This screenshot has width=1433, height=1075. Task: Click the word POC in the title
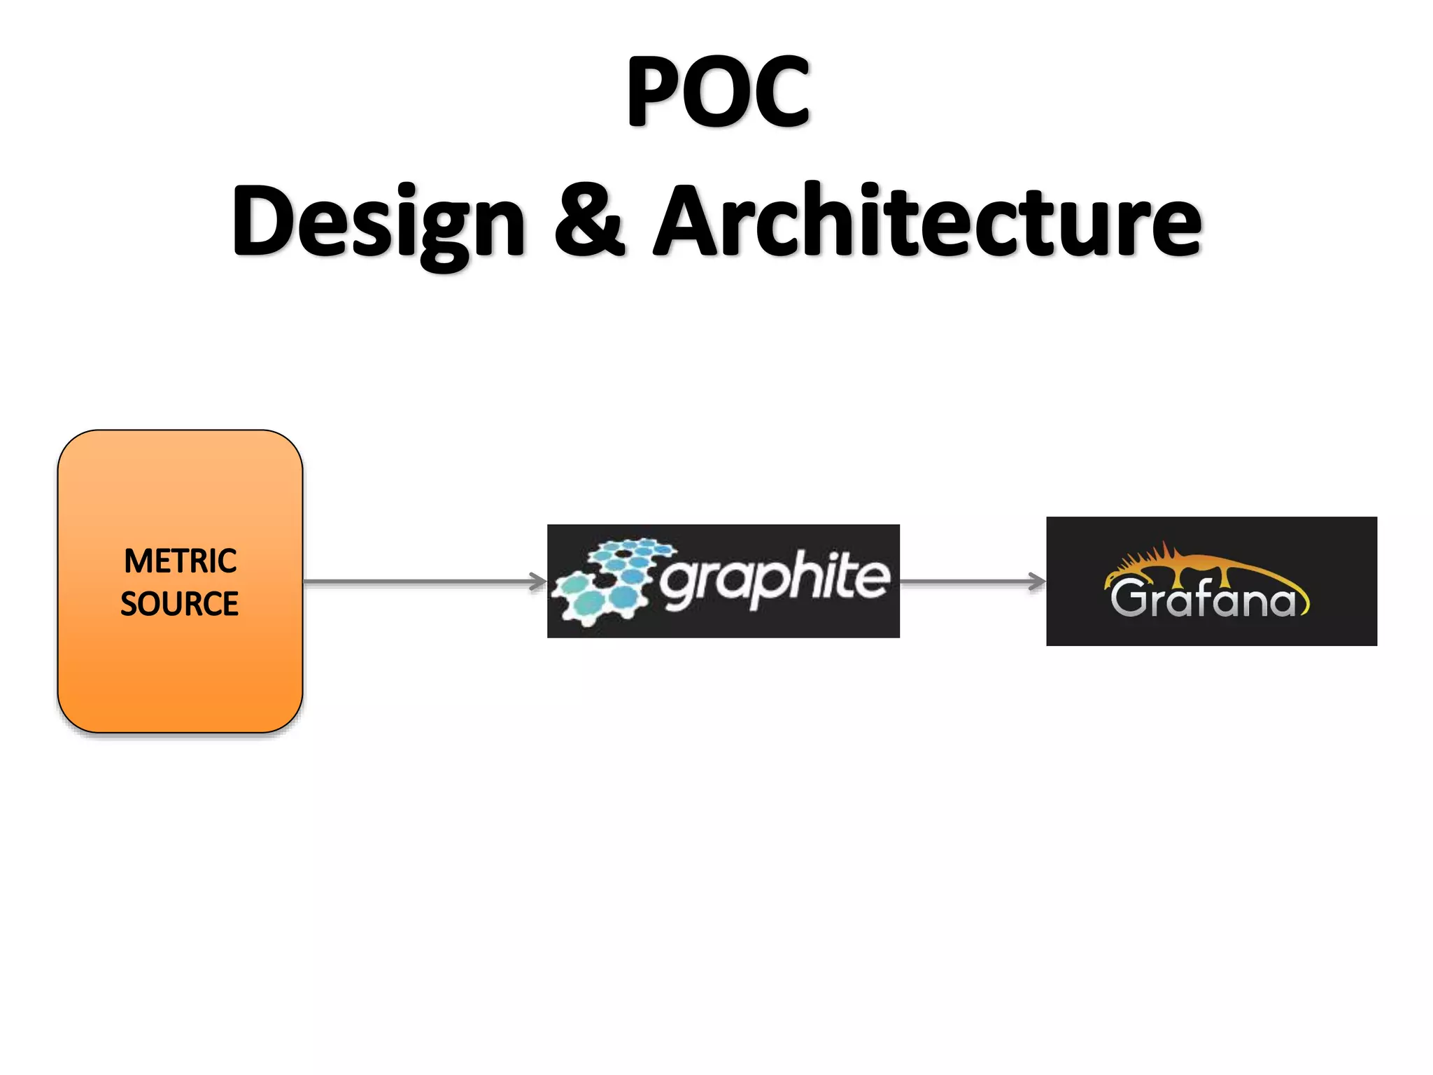(718, 92)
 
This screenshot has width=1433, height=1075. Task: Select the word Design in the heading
(379, 223)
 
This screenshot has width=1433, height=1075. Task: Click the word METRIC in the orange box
(181, 561)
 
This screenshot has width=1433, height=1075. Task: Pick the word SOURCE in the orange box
(180, 604)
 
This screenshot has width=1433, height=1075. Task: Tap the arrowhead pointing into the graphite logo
(538, 582)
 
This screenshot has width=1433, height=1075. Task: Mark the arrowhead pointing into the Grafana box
(1037, 582)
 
